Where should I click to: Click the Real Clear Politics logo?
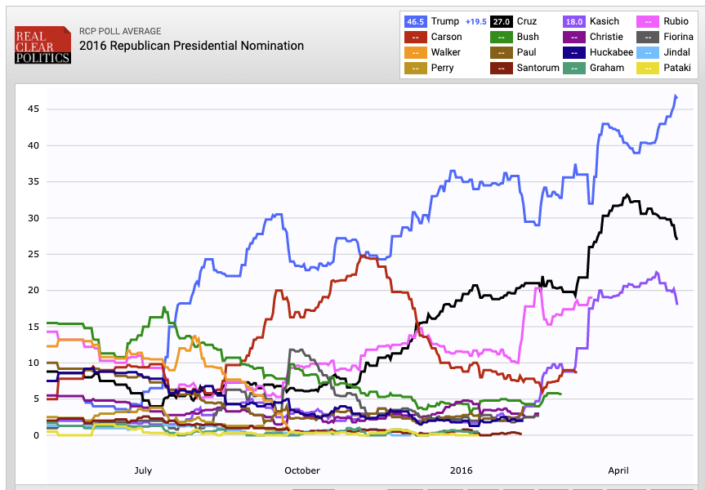pos(42,45)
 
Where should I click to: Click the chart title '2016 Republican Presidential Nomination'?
pos(191,46)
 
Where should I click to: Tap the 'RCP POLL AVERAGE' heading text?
pos(122,29)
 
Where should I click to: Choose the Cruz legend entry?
pos(526,21)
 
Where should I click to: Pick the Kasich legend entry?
pos(605,21)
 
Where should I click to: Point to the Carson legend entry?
pos(446,37)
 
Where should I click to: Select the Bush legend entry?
pos(527,37)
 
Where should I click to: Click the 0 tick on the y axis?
pos(35,435)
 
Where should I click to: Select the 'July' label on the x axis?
pos(142,471)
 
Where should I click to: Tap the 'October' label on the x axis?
pos(302,471)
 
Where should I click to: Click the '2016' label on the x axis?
pos(462,471)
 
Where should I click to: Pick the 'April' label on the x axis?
pos(618,471)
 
